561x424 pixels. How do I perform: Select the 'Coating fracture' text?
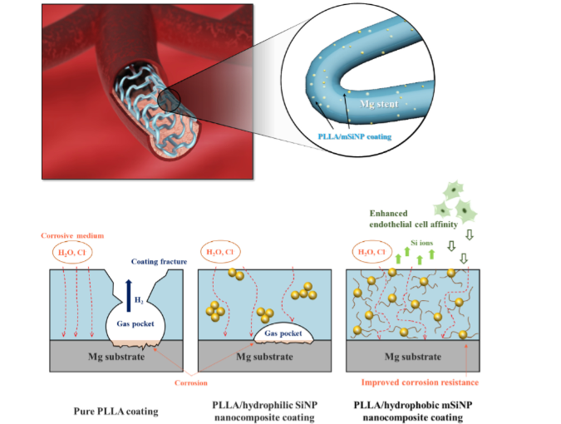(x=157, y=261)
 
